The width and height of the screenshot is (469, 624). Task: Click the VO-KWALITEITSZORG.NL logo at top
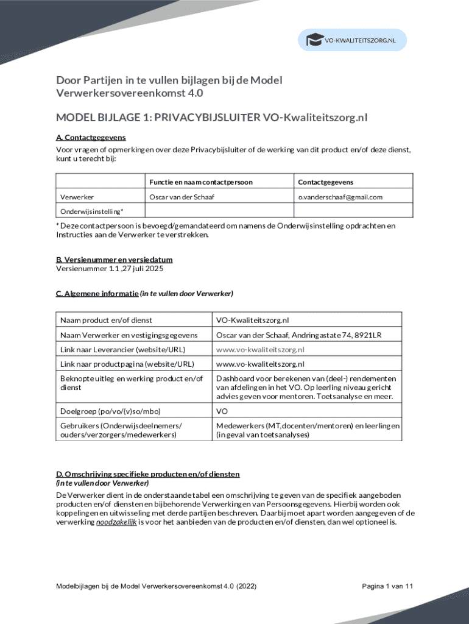pyautogui.click(x=351, y=40)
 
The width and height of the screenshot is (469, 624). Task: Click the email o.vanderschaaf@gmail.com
pyautogui.click(x=340, y=197)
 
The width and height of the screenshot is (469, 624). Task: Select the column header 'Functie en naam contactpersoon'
pyautogui.click(x=201, y=182)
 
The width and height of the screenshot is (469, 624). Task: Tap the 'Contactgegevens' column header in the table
pyautogui.click(x=325, y=182)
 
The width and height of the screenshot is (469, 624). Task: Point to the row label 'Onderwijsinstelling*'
pyautogui.click(x=91, y=211)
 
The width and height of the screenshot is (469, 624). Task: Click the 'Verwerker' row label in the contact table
pyautogui.click(x=77, y=197)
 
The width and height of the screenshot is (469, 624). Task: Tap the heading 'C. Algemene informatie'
pyautogui.click(x=97, y=293)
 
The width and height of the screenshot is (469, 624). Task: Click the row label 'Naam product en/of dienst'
pyautogui.click(x=106, y=320)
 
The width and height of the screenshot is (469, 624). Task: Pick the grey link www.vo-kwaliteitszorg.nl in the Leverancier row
pyautogui.click(x=260, y=349)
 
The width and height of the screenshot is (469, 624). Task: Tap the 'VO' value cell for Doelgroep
pyautogui.click(x=222, y=411)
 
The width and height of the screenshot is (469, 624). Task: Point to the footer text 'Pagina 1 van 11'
pyautogui.click(x=388, y=586)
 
